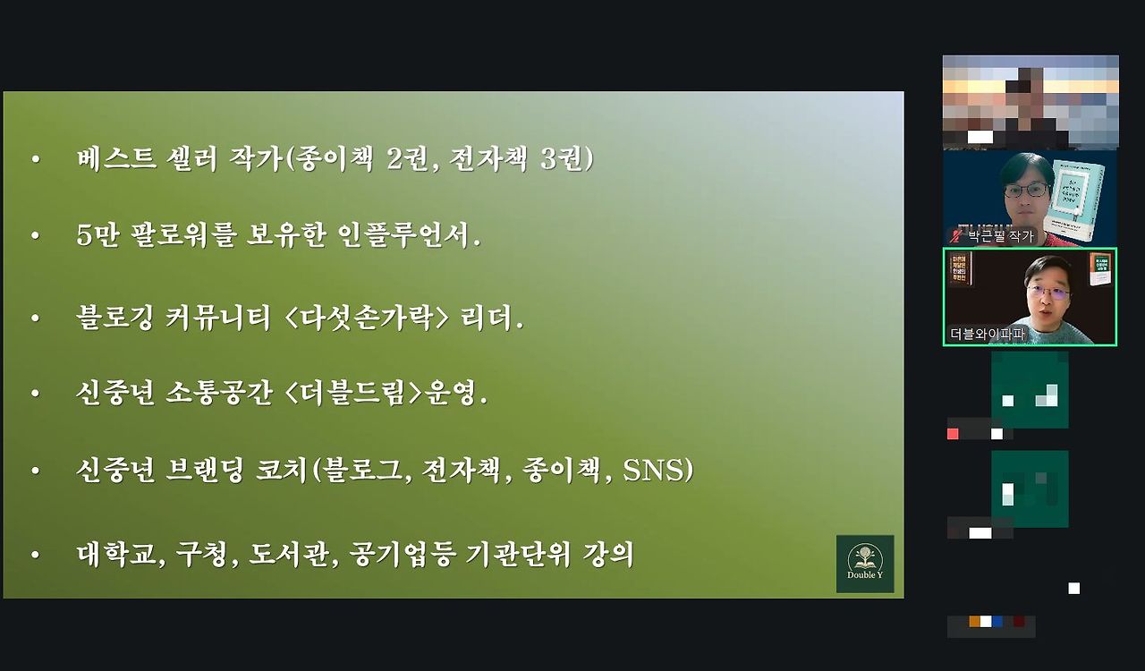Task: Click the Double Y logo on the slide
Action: (864, 564)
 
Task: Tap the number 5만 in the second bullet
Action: (98, 236)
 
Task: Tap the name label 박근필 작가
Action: (1000, 236)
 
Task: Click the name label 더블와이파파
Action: (988, 335)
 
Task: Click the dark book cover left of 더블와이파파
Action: (959, 268)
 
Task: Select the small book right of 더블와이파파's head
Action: (1099, 269)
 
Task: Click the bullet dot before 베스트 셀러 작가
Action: (36, 160)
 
